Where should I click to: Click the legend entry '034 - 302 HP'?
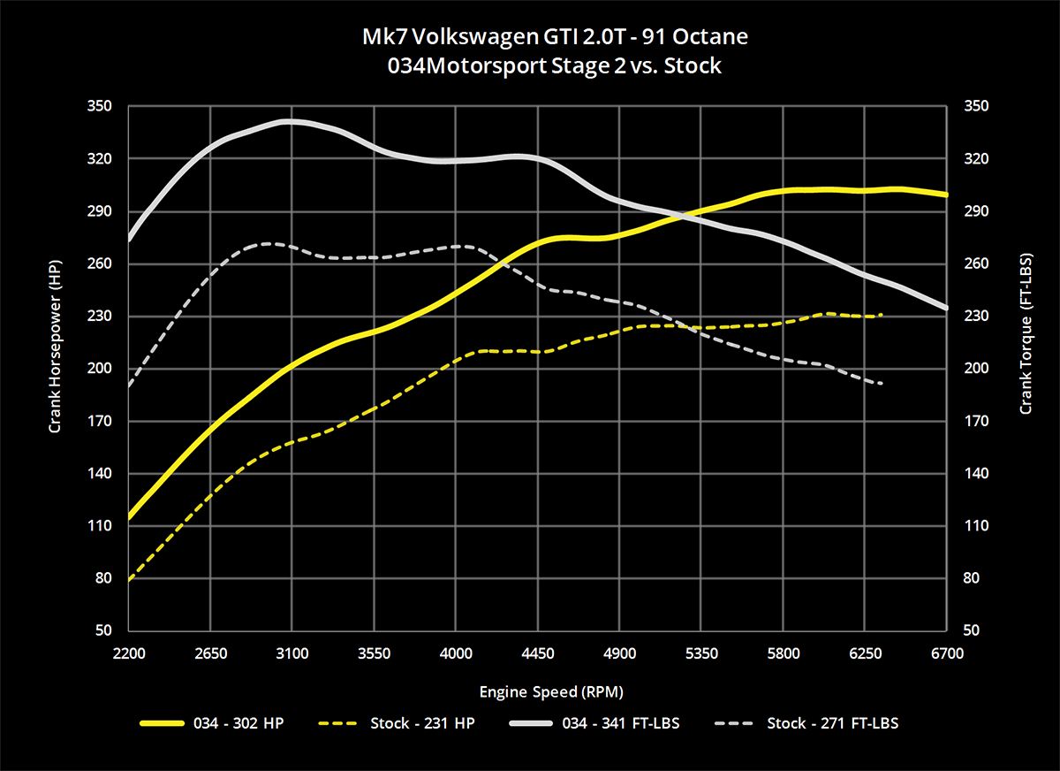[211, 723]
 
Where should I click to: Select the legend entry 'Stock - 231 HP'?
[397, 723]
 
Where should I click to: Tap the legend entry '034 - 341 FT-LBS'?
[594, 723]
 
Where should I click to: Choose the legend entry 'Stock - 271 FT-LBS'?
[806, 723]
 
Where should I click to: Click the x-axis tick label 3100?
[292, 653]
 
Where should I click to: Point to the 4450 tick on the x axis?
[538, 653]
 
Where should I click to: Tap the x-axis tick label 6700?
[947, 653]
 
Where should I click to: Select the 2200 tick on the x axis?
[129, 653]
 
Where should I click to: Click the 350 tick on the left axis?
[99, 106]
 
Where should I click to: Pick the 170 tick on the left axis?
[99, 421]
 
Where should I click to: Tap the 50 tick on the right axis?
[971, 630]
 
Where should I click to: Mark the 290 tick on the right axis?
[976, 211]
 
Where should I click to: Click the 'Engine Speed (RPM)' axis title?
[551, 692]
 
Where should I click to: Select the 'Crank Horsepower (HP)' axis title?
[55, 347]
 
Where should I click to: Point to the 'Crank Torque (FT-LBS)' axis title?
[1026, 334]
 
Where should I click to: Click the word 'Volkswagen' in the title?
[475, 37]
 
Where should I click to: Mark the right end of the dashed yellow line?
[882, 315]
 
